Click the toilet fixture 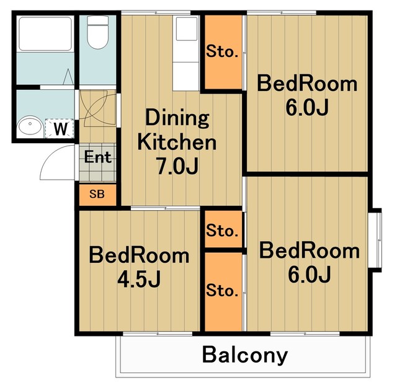click(x=98, y=32)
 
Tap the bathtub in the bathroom click(x=45, y=34)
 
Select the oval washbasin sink click(x=30, y=125)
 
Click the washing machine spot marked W click(x=60, y=128)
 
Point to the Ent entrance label click(x=98, y=157)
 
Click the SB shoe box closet click(x=97, y=195)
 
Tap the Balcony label click(x=245, y=355)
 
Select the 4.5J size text click(x=139, y=280)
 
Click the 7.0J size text click(x=177, y=165)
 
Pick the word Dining click(x=177, y=118)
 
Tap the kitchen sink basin click(x=187, y=29)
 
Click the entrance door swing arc click(x=57, y=162)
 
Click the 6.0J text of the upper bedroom click(x=307, y=107)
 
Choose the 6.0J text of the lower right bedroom click(x=309, y=274)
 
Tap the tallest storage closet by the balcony click(x=223, y=292)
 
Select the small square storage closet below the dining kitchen click(x=223, y=229)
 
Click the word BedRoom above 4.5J click(x=139, y=256)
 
